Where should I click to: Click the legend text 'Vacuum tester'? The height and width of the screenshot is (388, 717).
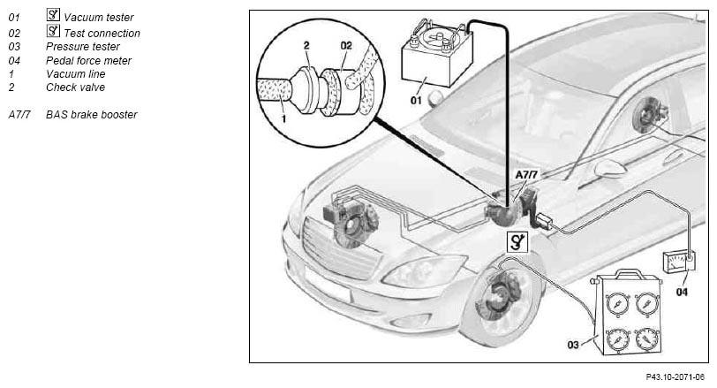98,18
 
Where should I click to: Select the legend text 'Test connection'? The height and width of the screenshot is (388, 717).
102,33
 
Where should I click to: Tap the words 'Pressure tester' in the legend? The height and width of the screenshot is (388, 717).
83,47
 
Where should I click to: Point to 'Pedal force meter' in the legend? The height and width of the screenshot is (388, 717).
88,60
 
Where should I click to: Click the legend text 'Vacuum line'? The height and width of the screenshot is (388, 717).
75,73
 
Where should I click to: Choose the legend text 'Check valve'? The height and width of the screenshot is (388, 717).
75,87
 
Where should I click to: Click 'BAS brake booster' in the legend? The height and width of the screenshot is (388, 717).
92,114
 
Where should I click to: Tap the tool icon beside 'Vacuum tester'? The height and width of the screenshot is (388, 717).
53,15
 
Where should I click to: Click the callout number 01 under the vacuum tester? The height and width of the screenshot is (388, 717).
416,100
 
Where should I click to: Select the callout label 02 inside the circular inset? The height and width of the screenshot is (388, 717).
346,45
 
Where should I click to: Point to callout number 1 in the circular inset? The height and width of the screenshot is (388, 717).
284,119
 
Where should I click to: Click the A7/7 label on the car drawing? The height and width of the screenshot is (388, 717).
526,174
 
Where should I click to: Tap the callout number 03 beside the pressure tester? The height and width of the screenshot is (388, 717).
573,345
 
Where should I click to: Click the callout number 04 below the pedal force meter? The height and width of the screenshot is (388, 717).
682,292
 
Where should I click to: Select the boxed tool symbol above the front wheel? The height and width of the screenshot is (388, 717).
517,242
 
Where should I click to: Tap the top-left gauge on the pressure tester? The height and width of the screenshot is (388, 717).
617,303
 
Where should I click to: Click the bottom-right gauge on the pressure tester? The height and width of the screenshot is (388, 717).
646,339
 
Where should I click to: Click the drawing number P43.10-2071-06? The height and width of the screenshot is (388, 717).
675,377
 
